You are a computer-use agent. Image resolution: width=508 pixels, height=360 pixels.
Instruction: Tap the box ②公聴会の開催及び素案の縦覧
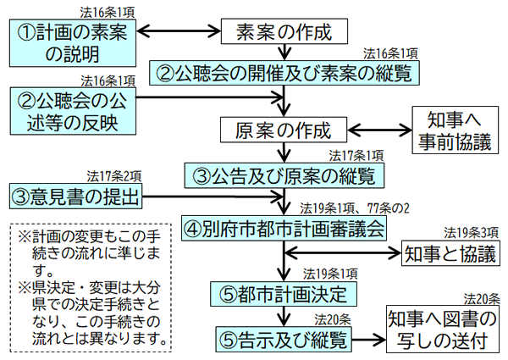click(285, 73)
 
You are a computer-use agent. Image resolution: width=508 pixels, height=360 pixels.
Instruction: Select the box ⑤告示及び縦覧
click(283, 339)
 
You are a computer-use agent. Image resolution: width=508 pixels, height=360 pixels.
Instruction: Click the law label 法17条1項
click(356, 157)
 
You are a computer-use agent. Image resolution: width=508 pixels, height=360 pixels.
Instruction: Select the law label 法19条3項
click(470, 231)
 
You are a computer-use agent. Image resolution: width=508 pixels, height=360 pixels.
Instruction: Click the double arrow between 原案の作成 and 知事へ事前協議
click(378, 130)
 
